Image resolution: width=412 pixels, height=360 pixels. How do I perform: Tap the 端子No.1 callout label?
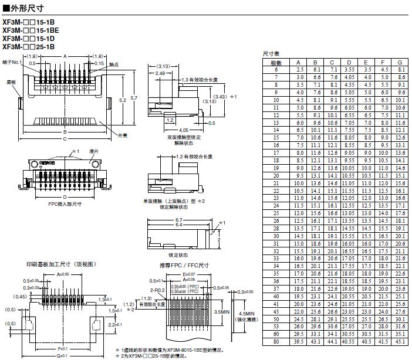(x=12, y=62)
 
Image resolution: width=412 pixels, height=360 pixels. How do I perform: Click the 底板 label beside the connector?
(x=11, y=83)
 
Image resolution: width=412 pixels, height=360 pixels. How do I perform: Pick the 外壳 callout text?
(x=122, y=135)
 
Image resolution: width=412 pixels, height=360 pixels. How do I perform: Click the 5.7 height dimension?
(x=134, y=97)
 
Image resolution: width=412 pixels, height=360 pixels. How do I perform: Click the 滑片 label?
(x=93, y=151)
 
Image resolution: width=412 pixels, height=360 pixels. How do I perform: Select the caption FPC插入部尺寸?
(x=65, y=205)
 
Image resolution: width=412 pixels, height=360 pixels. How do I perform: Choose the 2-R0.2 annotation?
(x=157, y=290)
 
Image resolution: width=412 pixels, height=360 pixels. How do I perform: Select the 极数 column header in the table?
(x=276, y=62)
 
